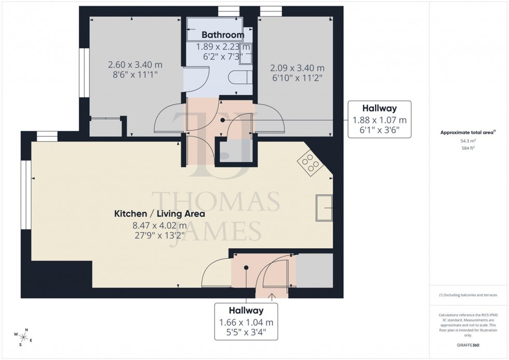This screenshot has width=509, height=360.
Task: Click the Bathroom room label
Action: click(x=222, y=35)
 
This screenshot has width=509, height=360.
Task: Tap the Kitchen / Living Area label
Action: click(x=159, y=214)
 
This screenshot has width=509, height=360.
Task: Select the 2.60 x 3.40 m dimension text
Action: click(x=135, y=65)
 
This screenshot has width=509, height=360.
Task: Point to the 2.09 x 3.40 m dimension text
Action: click(x=297, y=68)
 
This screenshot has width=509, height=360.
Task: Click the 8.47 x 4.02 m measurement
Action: click(x=159, y=225)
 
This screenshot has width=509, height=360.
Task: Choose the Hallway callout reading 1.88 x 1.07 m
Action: click(x=379, y=119)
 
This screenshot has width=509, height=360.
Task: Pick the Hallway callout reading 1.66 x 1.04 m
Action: click(x=247, y=322)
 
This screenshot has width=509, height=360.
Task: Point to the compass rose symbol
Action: click(x=24, y=337)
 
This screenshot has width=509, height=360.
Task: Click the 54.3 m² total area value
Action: click(x=468, y=141)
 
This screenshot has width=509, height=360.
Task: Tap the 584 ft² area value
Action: click(x=468, y=148)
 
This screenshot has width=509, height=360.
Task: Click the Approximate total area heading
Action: click(x=467, y=132)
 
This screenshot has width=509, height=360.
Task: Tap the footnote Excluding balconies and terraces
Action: click(x=468, y=295)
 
